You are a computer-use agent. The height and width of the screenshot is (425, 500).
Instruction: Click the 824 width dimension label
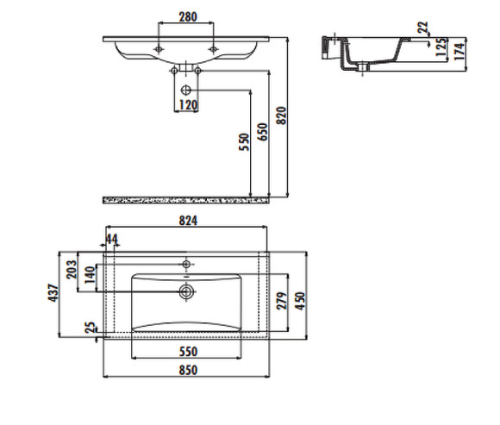(188, 222)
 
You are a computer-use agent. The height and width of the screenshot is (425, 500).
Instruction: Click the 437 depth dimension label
(53, 294)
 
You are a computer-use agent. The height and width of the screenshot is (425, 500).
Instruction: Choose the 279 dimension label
(280, 302)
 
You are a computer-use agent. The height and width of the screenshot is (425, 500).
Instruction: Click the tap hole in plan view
(186, 261)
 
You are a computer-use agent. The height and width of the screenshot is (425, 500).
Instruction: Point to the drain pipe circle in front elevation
(186, 89)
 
